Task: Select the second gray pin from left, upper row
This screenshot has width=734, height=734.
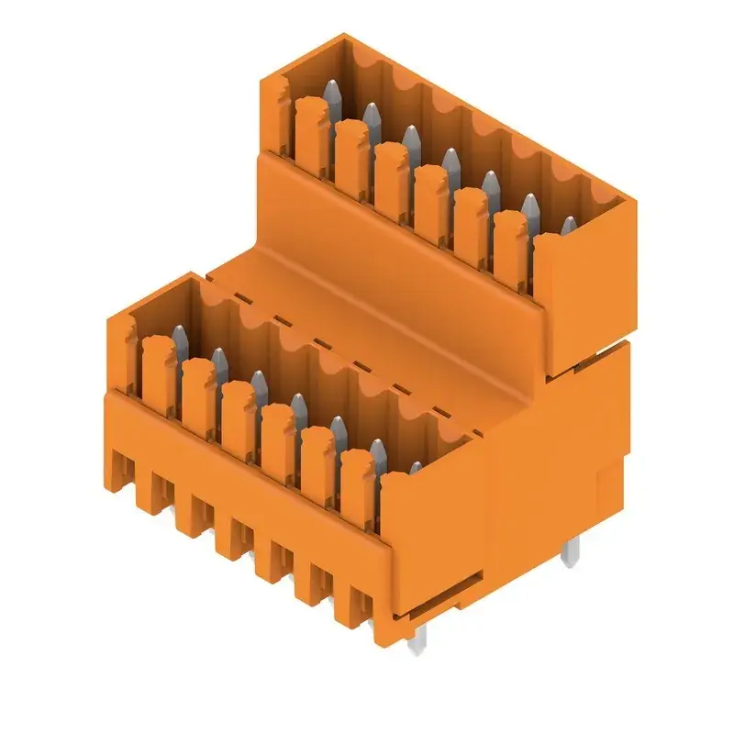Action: pyautogui.click(x=372, y=115)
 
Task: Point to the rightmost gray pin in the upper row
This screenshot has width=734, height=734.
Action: pyautogui.click(x=569, y=226)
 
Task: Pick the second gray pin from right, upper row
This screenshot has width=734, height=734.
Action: pyautogui.click(x=530, y=206)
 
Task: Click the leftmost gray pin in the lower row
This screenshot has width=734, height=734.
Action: pyautogui.click(x=180, y=336)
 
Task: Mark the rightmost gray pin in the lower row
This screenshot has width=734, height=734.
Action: pyautogui.click(x=415, y=469)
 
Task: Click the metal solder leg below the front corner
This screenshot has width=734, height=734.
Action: pyautogui.click(x=416, y=642)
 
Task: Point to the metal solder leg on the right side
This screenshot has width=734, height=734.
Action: pyautogui.click(x=570, y=551)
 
